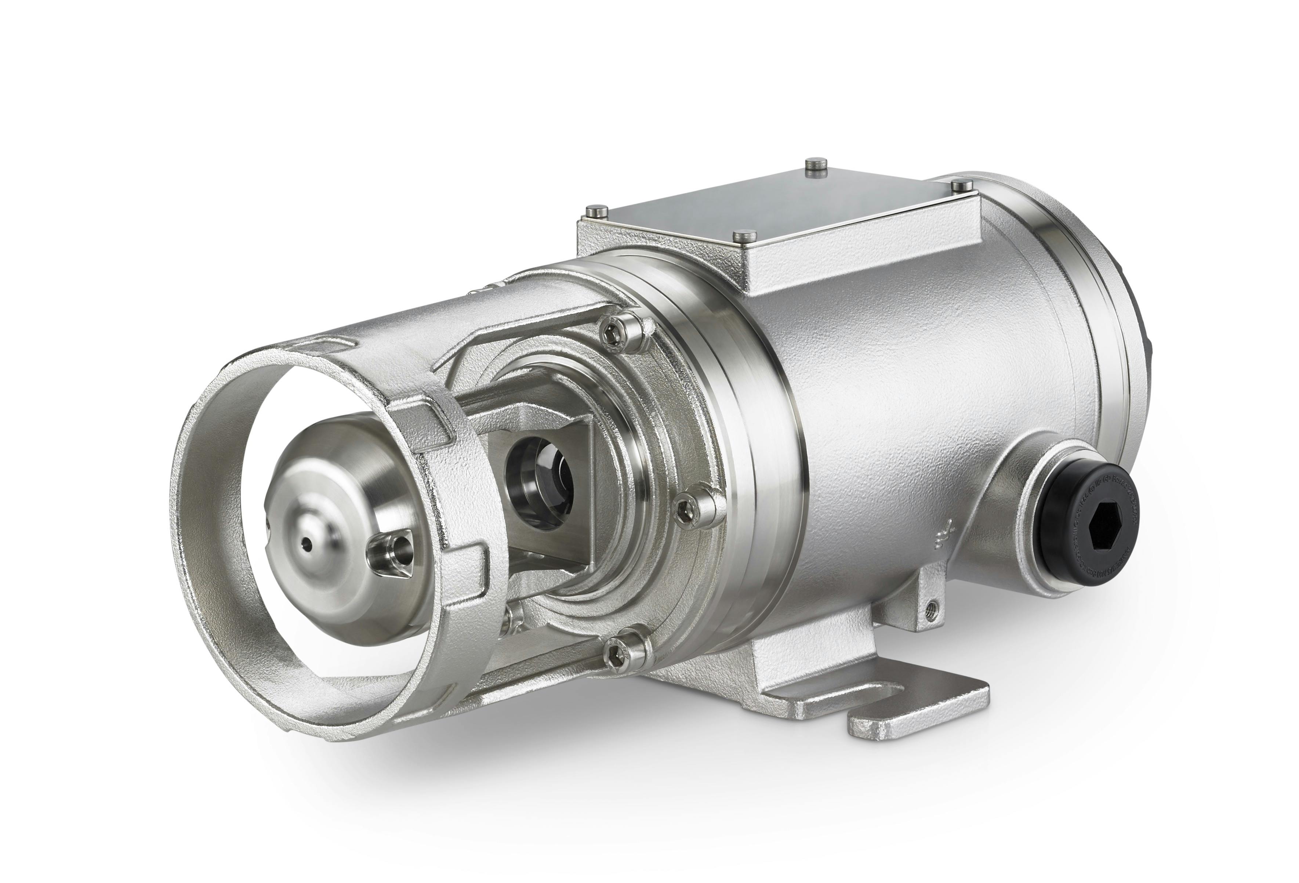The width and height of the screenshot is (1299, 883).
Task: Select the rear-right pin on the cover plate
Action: [960, 185]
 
